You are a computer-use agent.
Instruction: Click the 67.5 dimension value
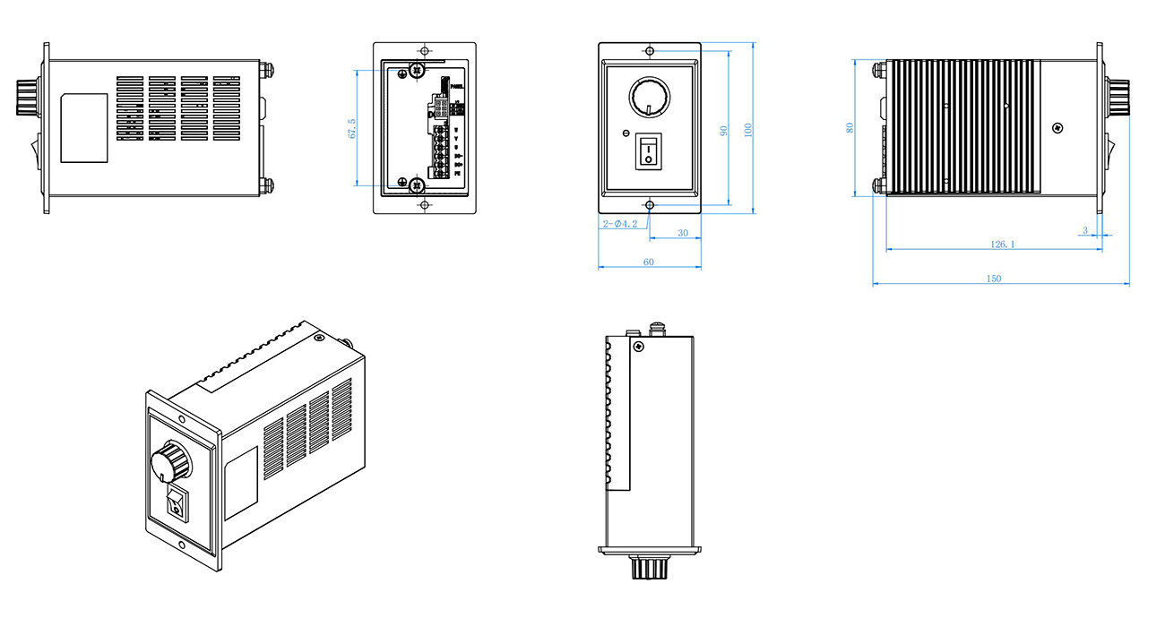coord(352,128)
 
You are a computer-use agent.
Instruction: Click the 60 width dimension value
coord(648,262)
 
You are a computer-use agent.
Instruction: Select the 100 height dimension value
coord(747,129)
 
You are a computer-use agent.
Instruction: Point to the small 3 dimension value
coord(1084,230)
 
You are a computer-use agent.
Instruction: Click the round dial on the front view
coord(647,95)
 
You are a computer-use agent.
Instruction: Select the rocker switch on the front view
coord(648,151)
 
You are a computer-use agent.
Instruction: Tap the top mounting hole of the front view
coord(649,50)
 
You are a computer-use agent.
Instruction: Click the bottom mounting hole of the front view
coord(649,205)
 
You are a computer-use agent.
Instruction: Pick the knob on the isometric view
coord(170,462)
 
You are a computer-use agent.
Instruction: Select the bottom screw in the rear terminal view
coord(416,185)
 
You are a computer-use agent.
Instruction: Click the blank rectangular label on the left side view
coord(84,128)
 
